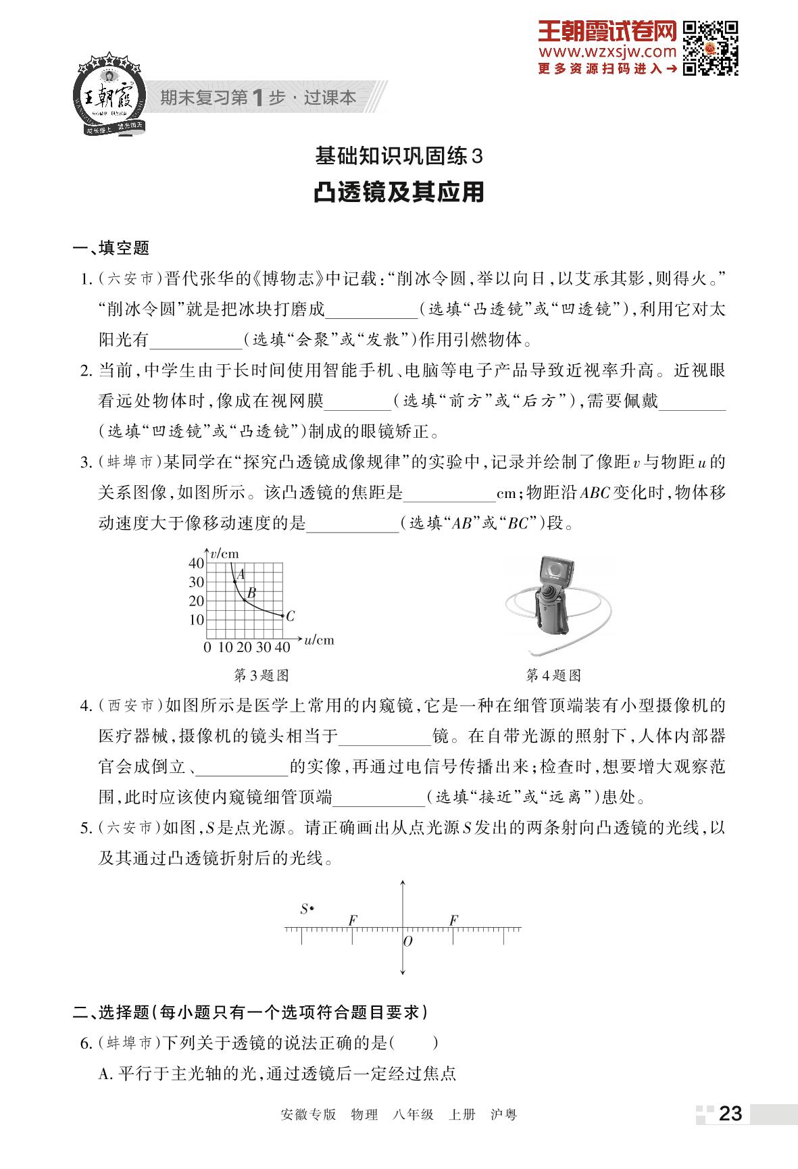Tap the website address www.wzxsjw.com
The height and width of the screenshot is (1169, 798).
click(607, 52)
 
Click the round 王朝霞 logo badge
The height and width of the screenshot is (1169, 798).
click(108, 95)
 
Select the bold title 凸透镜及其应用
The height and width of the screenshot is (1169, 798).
click(399, 193)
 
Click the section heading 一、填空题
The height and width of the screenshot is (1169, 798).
click(111, 248)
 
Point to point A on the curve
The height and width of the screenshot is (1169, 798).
click(234, 580)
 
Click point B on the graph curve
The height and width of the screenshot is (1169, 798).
click(244, 599)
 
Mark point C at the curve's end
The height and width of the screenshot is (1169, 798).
click(282, 616)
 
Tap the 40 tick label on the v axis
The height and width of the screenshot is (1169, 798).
click(196, 563)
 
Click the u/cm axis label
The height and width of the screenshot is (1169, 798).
click(320, 639)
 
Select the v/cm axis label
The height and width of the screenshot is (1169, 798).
click(224, 554)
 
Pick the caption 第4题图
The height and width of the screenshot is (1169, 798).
click(553, 675)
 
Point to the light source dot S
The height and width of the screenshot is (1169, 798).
click(311, 909)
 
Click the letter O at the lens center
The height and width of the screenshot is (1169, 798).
click(407, 941)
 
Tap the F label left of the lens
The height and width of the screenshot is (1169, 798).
click(352, 920)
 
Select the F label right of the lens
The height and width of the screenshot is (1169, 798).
click(453, 920)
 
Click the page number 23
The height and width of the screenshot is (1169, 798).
click(730, 1114)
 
